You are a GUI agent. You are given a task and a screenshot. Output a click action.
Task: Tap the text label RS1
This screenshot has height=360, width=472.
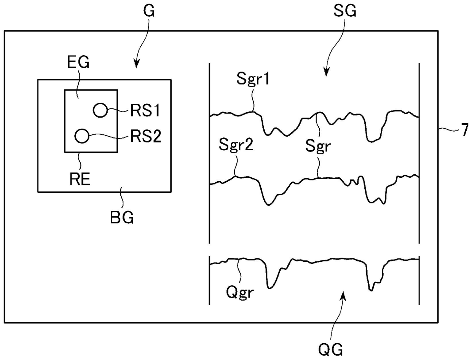tap(145, 111)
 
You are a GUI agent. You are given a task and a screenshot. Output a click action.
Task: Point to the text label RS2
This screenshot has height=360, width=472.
tap(146, 136)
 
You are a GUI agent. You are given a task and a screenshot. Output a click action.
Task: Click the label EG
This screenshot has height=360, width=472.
tap(78, 62)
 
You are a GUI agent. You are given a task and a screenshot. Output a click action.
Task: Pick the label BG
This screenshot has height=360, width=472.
tap(122, 217)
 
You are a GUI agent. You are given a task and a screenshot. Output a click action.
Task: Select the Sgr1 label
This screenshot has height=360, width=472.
tap(253, 79)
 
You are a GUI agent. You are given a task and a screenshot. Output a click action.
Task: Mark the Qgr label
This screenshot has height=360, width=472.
tap(240, 292)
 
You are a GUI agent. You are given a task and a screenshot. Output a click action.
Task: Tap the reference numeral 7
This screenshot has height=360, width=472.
tap(465, 130)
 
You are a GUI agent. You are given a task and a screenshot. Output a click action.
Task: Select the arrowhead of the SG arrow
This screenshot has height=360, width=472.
tap(327, 72)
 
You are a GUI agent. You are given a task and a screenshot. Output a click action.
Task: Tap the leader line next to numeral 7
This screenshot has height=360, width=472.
tap(448, 129)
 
